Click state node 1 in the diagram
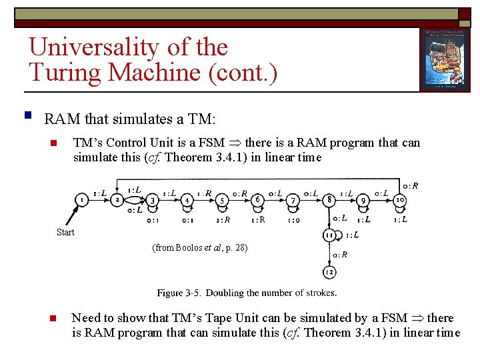pos(81,199)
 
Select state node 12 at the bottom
pos(329,272)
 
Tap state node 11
pos(329,235)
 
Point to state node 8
pos(329,199)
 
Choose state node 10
pos(400,199)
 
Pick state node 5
pos(223,199)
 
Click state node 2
pos(117,199)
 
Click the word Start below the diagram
pos(65,232)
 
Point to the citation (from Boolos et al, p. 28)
pos(200,247)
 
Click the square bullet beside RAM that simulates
pos(27,116)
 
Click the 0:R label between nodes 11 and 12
pos(340,254)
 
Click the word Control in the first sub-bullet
pos(129,142)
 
